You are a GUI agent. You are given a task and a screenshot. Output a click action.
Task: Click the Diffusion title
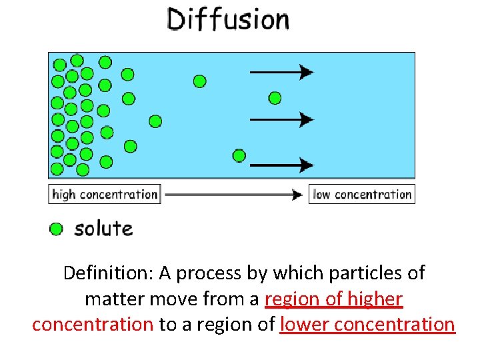tap(227, 19)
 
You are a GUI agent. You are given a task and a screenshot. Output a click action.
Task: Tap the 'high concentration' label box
tap(105, 194)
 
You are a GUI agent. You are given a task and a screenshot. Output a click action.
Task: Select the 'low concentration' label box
tap(362, 194)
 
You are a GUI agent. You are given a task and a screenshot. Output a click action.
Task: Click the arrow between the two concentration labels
tap(234, 195)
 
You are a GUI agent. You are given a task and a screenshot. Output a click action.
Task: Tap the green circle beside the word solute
tap(57, 229)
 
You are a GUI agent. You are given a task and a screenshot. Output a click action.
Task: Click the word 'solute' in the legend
tap(103, 229)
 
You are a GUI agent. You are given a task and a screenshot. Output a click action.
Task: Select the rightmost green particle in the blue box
tap(275, 98)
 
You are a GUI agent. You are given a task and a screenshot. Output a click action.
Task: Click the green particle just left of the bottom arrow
tap(239, 156)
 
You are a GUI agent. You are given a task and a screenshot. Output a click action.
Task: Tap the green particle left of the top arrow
tap(199, 81)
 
